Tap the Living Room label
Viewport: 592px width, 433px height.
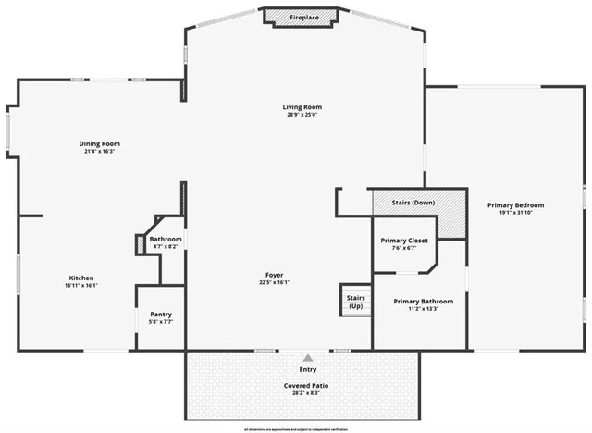[x=302, y=107]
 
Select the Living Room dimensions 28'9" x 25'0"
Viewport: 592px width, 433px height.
[x=302, y=116]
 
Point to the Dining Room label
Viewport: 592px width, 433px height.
[x=99, y=143]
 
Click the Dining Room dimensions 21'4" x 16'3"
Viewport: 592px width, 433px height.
[x=99, y=152]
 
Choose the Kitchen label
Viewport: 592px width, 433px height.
[x=81, y=278]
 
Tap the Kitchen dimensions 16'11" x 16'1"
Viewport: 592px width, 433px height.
[x=81, y=286]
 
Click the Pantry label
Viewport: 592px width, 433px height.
[x=160, y=315]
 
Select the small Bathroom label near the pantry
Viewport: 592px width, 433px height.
[x=166, y=240]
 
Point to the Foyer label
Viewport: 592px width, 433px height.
[x=275, y=274]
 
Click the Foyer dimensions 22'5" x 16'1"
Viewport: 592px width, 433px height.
[x=275, y=282]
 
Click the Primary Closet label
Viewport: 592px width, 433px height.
[x=404, y=241]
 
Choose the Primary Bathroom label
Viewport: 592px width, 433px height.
[x=423, y=302]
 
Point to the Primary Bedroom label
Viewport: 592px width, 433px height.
[x=516, y=204]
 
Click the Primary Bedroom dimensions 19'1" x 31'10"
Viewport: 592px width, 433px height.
[x=516, y=213]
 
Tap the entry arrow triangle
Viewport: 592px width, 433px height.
[x=308, y=356]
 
